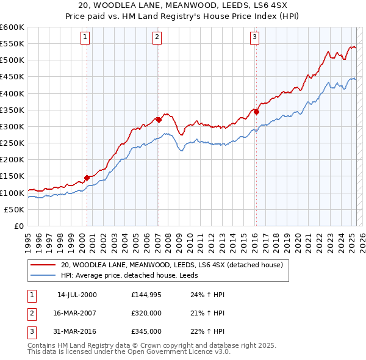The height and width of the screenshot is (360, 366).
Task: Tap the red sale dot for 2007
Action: pyautogui.click(x=159, y=120)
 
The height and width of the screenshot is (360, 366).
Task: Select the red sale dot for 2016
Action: pyautogui.click(x=256, y=112)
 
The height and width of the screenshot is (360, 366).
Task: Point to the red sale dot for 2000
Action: pyautogui.click(x=87, y=178)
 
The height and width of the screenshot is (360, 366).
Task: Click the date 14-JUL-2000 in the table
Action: pyautogui.click(x=77, y=295)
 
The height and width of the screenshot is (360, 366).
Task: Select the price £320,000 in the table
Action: pyautogui.click(x=146, y=313)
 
